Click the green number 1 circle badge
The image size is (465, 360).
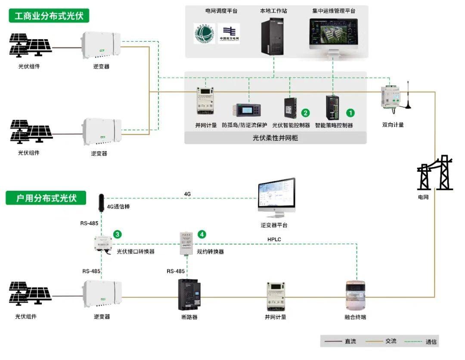tap(351, 113)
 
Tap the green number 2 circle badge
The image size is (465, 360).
tap(305, 113)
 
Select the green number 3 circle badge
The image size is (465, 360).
tap(117, 234)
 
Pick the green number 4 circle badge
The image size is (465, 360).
tap(201, 234)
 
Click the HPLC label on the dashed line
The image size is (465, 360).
tap(274, 239)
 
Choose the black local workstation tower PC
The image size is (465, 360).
tap(273, 37)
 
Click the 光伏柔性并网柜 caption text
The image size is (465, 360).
tap(275, 138)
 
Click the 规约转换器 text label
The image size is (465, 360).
tap(210, 251)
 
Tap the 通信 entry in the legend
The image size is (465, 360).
tap(431, 341)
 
